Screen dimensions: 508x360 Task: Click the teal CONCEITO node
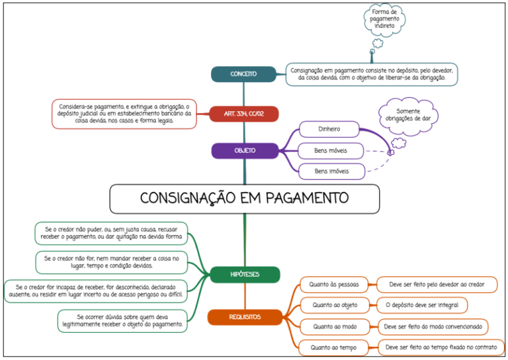tap(243, 74)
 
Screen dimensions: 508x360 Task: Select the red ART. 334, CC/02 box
tap(244, 114)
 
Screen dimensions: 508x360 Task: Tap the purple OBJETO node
tap(245, 151)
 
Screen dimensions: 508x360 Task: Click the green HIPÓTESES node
tap(245, 275)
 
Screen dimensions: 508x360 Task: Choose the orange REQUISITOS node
tap(245, 317)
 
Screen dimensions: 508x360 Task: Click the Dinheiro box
tap(329, 129)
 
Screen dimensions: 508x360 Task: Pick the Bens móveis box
tap(331, 151)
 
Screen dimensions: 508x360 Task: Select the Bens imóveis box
tap(332, 171)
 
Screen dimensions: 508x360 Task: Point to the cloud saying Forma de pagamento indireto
tap(384, 19)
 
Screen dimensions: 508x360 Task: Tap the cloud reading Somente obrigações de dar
tap(408, 115)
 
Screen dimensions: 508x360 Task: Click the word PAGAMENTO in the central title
tap(307, 198)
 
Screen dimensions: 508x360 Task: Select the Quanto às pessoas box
tap(334, 285)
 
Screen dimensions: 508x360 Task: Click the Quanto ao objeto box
tap(335, 305)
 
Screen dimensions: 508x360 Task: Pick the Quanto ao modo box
tap(335, 327)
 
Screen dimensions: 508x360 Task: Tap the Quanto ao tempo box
tap(333, 347)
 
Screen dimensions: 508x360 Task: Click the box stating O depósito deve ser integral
tap(422, 305)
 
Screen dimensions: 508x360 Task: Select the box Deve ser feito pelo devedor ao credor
tap(437, 285)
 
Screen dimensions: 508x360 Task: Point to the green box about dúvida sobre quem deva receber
tap(122, 321)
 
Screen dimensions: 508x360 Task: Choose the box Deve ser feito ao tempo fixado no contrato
tap(441, 347)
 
